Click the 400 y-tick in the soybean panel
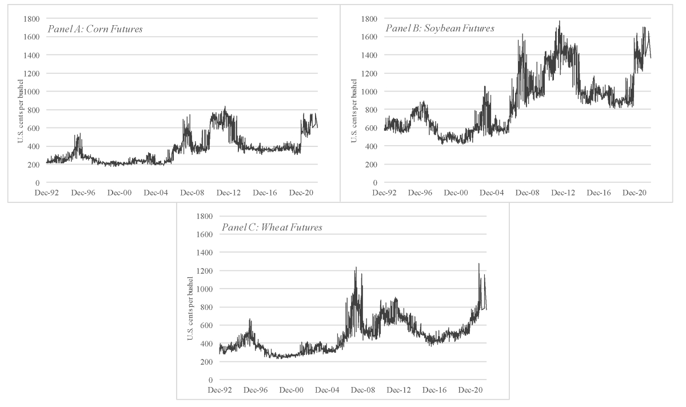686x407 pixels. pos(372,146)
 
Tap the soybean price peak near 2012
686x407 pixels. pos(559,21)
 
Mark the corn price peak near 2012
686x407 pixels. pos(225,106)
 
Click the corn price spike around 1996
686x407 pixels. pos(79,134)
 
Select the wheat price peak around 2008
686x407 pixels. pos(356,267)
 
